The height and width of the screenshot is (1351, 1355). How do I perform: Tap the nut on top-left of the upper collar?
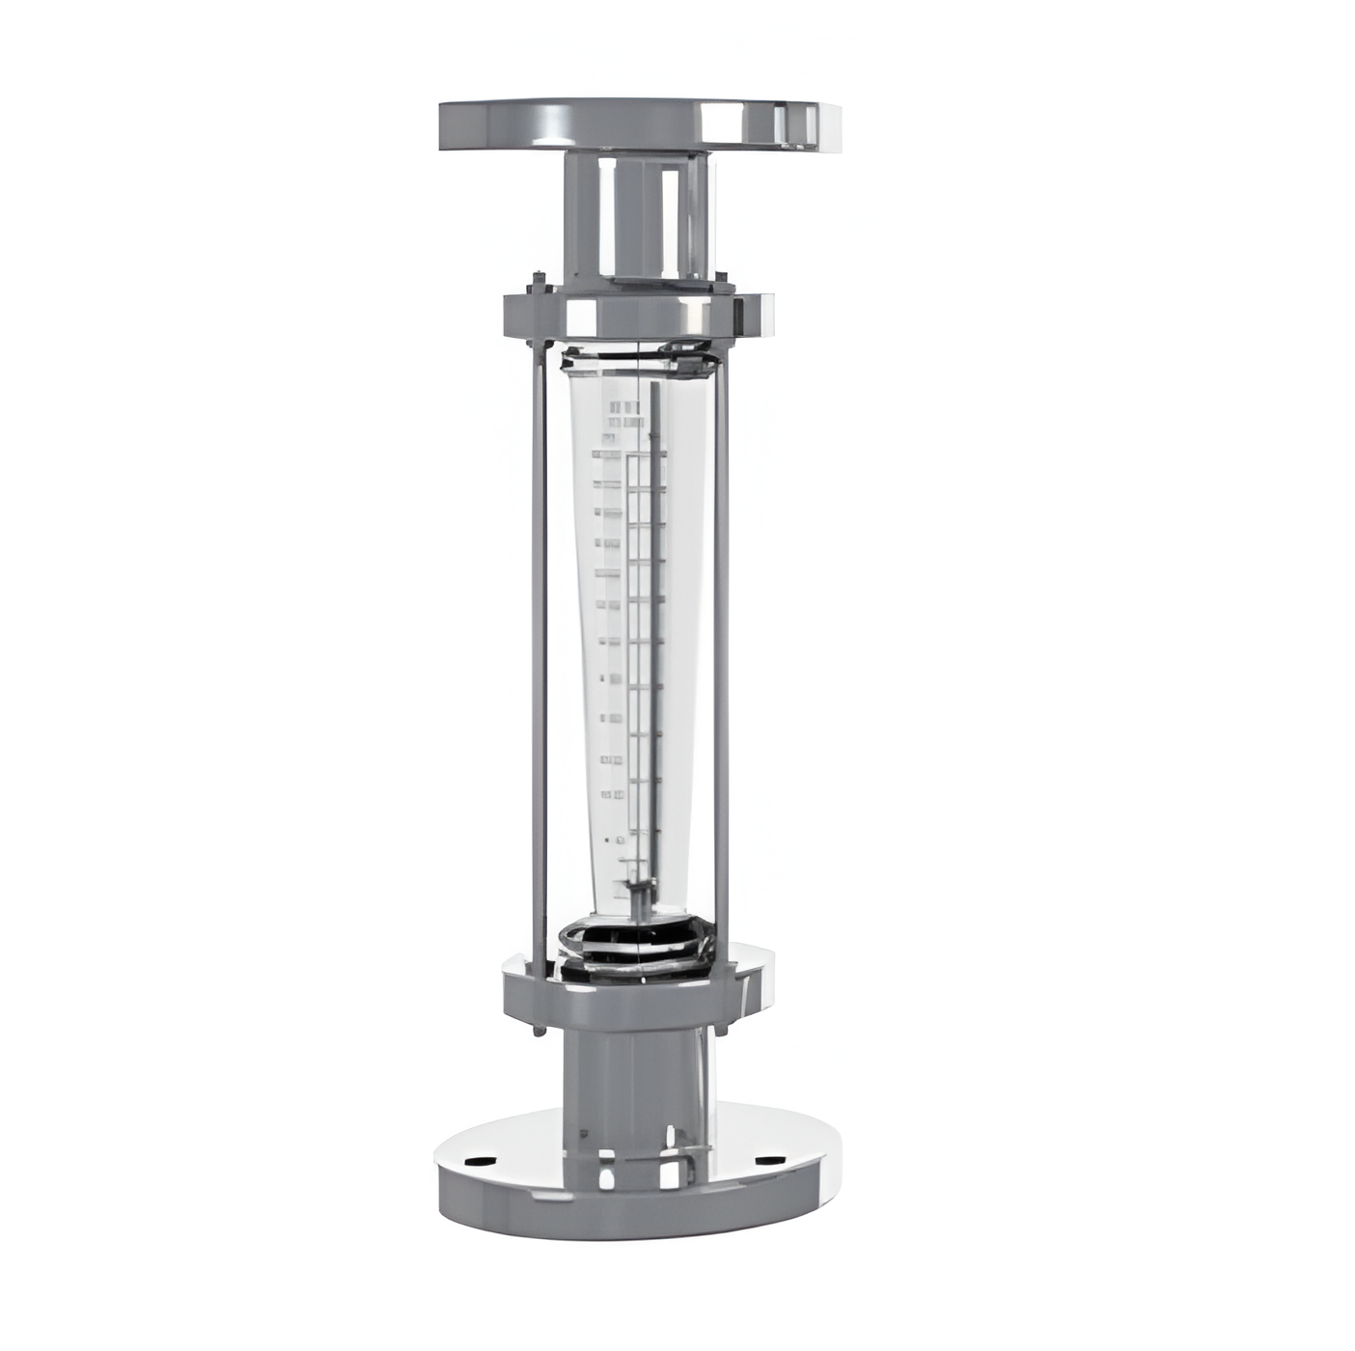pyautogui.click(x=537, y=283)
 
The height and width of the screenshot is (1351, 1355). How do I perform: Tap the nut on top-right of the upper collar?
pyautogui.click(x=721, y=281)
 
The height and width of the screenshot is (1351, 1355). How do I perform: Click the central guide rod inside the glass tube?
pyautogui.click(x=653, y=627)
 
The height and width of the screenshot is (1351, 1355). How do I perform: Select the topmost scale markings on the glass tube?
pyautogui.click(x=622, y=415)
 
